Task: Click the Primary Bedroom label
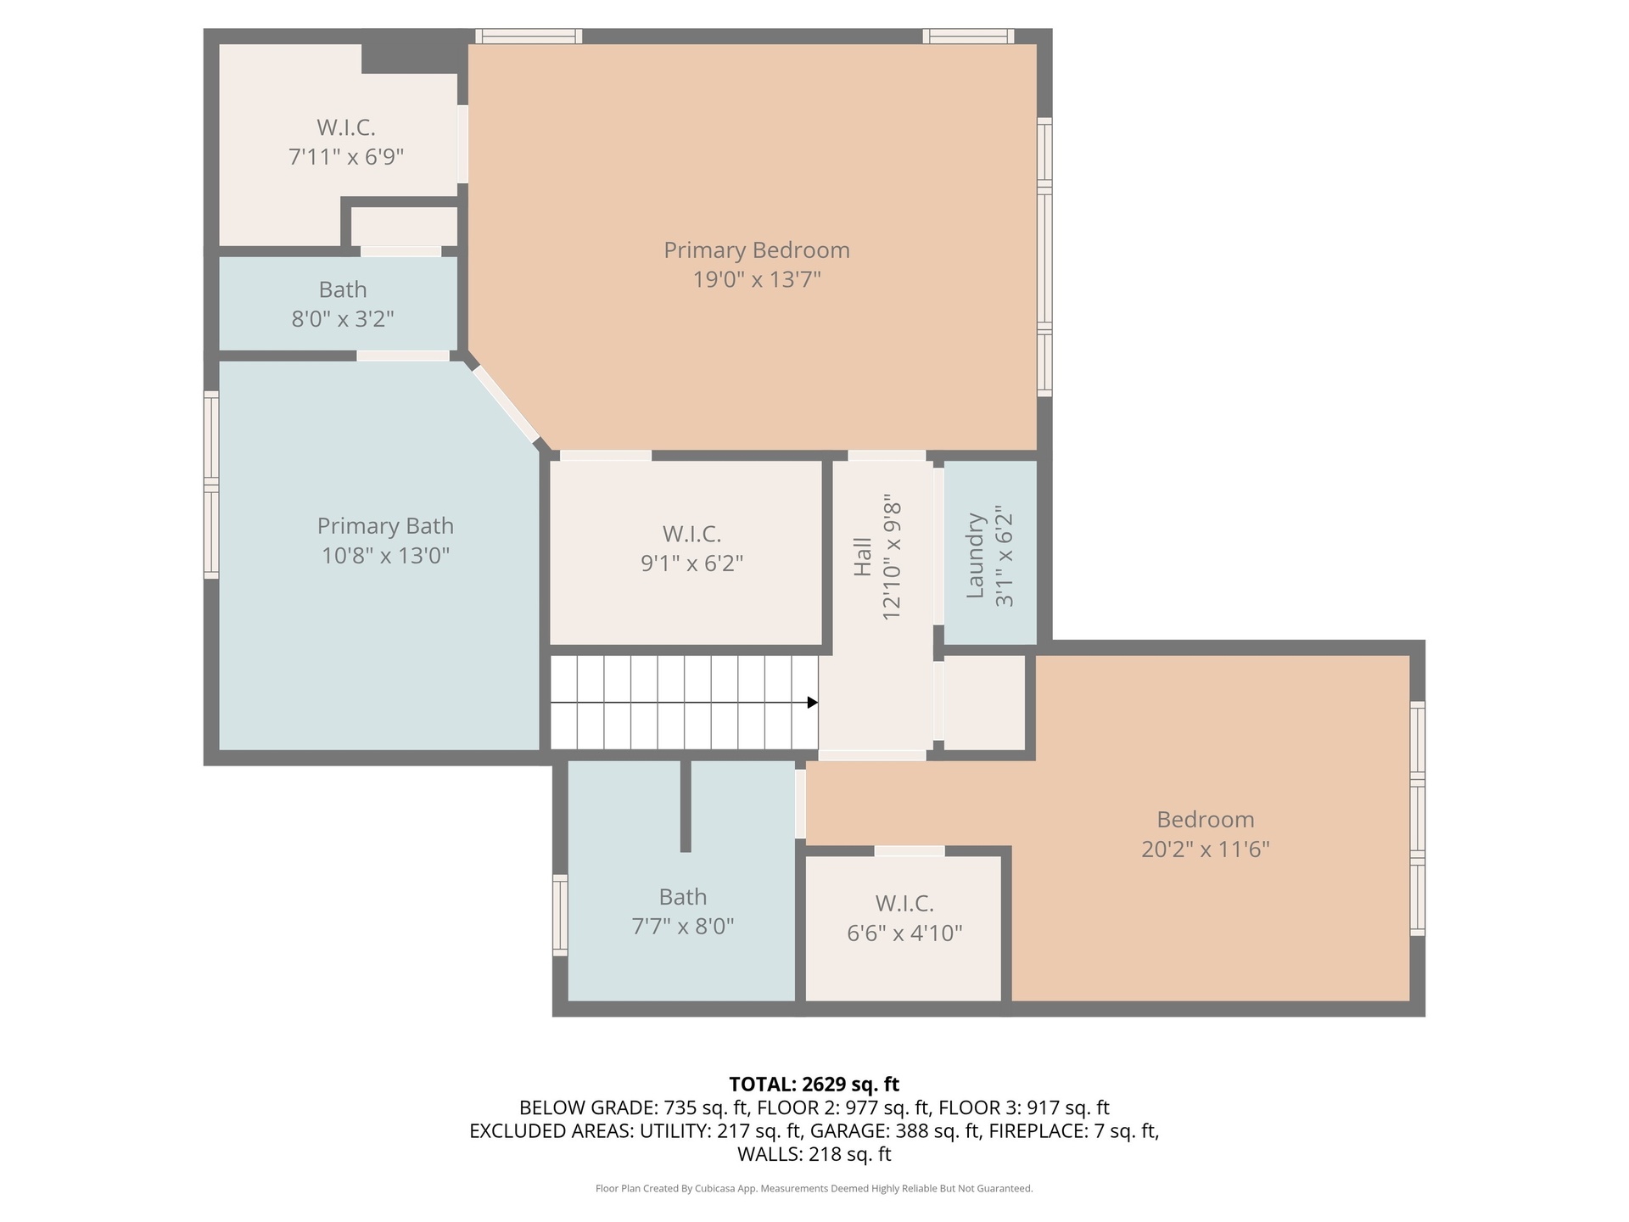pos(756,250)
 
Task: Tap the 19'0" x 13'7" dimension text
pos(757,279)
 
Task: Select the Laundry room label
pos(975,555)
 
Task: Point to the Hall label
pos(862,557)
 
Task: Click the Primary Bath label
pos(385,526)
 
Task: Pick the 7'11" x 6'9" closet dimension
pos(346,157)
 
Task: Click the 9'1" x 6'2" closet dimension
pos(691,563)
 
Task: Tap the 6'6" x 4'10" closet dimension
pos(904,933)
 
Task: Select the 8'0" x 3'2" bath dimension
pos(343,319)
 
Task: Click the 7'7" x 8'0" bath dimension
pos(683,926)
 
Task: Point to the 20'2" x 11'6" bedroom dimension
pos(1205,849)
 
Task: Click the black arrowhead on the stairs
pos(812,703)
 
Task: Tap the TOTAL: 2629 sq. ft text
pos(814,1085)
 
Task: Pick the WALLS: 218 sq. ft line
pos(814,1154)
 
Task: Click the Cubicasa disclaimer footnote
pos(814,1189)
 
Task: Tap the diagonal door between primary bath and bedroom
pos(506,404)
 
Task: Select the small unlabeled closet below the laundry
pos(984,703)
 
